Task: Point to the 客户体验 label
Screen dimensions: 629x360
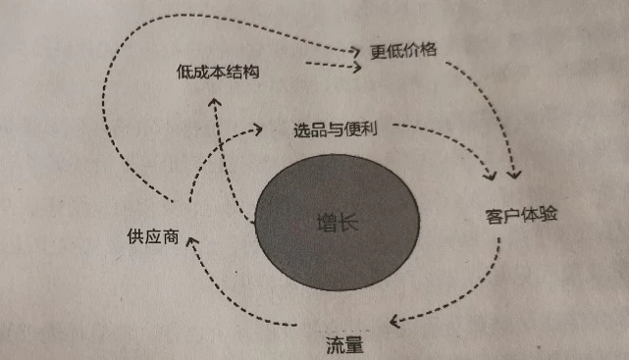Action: click(x=521, y=214)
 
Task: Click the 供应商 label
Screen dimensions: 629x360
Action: click(x=152, y=236)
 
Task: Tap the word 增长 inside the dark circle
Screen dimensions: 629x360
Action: click(x=338, y=222)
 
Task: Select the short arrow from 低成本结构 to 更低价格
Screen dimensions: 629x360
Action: click(x=329, y=66)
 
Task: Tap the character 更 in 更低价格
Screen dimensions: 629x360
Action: click(x=378, y=51)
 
